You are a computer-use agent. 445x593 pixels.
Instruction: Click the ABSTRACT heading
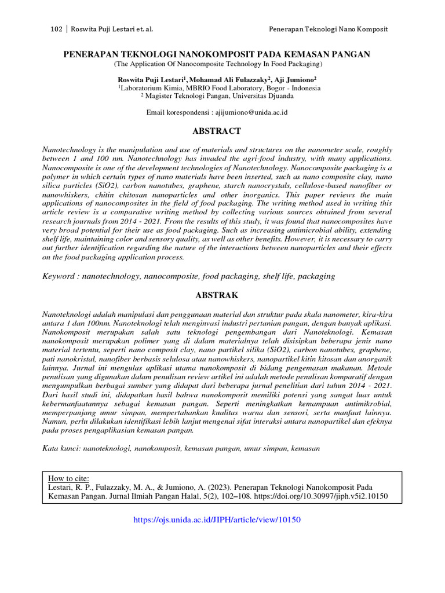click(x=217, y=131)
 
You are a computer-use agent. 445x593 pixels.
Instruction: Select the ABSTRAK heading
click(x=217, y=295)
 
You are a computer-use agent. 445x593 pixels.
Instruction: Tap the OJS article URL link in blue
click(x=217, y=520)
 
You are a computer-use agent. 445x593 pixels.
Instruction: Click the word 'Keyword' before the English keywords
click(x=59, y=277)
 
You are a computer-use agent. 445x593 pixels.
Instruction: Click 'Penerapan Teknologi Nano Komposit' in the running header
click(x=329, y=29)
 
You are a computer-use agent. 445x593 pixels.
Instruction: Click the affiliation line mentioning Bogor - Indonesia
click(x=219, y=88)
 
